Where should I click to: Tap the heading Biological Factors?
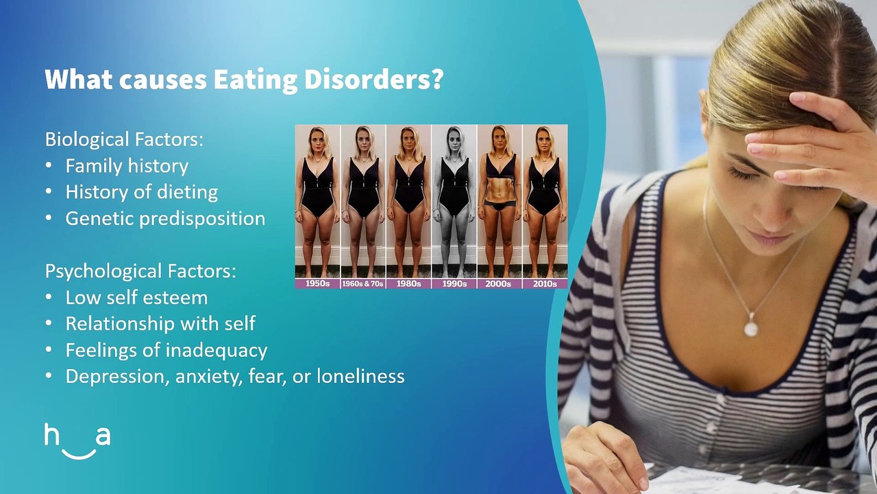tap(124, 139)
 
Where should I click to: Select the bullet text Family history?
tap(127, 166)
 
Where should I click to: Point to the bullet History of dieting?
tap(141, 192)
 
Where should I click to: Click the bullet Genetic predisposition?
tap(165, 219)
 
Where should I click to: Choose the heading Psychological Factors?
tap(140, 271)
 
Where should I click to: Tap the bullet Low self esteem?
tap(136, 298)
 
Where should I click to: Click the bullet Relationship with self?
tap(160, 324)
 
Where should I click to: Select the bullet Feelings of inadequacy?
tap(166, 351)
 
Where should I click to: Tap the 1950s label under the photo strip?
tap(317, 283)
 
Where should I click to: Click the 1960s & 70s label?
tap(363, 283)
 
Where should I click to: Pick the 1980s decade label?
tap(408, 283)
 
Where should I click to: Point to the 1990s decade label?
tap(454, 283)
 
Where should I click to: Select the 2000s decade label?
tap(499, 283)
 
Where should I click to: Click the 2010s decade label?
tap(545, 283)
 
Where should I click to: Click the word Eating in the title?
tap(254, 80)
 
